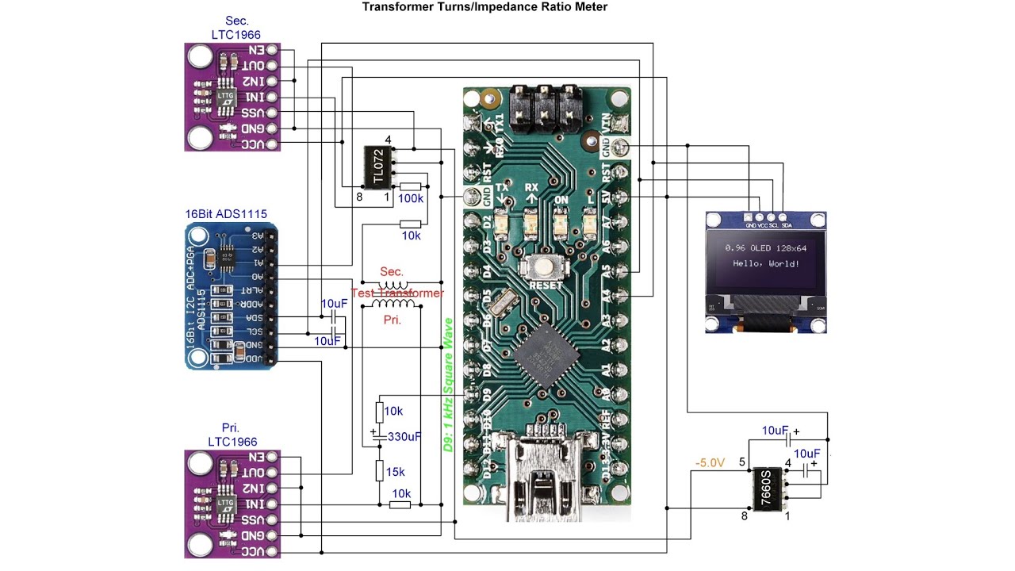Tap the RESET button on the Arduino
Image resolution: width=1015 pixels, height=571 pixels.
546,270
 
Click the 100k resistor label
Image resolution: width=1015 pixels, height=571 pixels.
411,198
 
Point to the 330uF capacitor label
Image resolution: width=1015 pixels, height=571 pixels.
404,436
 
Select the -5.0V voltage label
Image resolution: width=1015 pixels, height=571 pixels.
710,462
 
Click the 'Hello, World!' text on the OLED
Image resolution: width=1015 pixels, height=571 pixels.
766,263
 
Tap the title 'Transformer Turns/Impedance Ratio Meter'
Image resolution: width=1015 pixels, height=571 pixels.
485,7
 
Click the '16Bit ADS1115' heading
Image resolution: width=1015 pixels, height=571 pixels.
226,214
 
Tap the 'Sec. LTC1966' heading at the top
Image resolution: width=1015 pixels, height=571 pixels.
236,28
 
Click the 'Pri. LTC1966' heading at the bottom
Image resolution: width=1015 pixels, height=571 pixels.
232,435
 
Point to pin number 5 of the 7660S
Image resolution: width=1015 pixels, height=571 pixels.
743,462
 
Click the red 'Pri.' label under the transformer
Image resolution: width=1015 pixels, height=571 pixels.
392,320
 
